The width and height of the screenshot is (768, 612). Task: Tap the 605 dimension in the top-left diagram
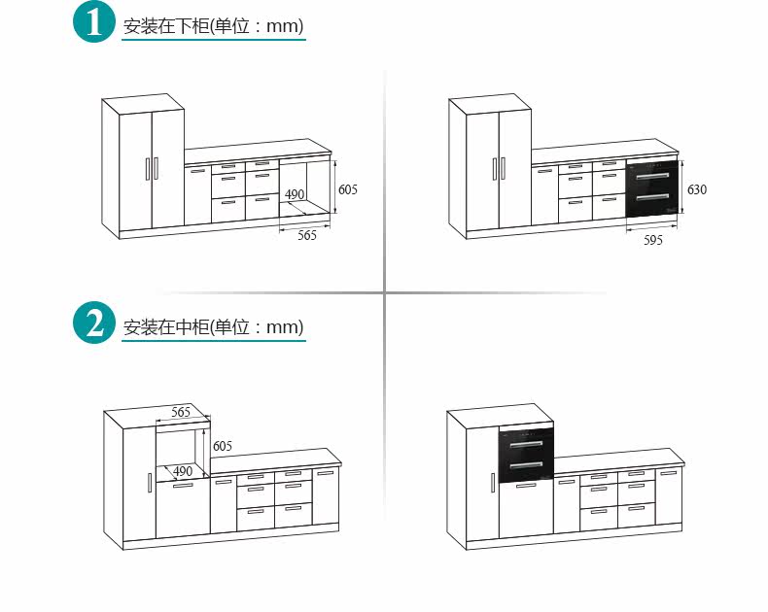pyautogui.click(x=347, y=189)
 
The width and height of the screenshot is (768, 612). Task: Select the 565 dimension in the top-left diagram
pyautogui.click(x=306, y=236)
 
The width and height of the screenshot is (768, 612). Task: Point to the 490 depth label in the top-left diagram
pyautogui.click(x=294, y=195)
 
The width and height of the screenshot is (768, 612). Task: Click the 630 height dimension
pyautogui.click(x=696, y=189)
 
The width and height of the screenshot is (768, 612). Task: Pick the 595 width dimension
pyautogui.click(x=653, y=240)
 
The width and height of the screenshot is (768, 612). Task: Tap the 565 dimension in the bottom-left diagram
pyautogui.click(x=181, y=412)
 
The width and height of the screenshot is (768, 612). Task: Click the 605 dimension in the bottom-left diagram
pyautogui.click(x=223, y=446)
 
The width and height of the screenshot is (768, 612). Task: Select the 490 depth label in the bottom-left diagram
pyautogui.click(x=183, y=471)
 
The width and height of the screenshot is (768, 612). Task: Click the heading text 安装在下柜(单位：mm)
pyautogui.click(x=214, y=26)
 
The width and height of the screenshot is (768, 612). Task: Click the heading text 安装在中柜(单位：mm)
pyautogui.click(x=214, y=326)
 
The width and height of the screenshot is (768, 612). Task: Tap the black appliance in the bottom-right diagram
pyautogui.click(x=526, y=455)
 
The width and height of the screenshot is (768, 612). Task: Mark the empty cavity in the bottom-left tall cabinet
pyautogui.click(x=183, y=447)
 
